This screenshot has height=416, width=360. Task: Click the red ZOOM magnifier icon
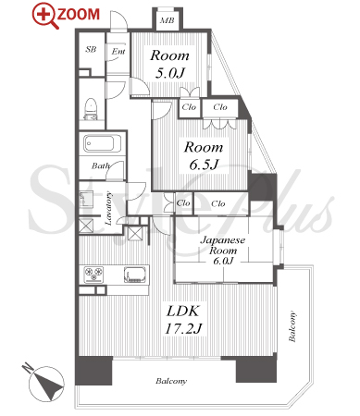[45, 16]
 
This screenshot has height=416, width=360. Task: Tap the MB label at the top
[168, 20]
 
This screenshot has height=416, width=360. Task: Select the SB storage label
[91, 49]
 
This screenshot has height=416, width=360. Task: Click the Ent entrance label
[118, 51]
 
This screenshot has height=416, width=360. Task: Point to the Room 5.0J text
[170, 64]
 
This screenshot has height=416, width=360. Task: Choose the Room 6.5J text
[204, 155]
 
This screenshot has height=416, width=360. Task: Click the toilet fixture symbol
[91, 108]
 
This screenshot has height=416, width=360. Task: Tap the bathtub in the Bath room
[103, 143]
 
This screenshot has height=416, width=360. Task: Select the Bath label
[100, 165]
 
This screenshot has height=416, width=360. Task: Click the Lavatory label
[108, 208]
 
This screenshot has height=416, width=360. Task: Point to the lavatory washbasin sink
[86, 199]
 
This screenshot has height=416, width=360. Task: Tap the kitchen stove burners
[94, 275]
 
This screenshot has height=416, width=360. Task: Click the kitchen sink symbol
[134, 275]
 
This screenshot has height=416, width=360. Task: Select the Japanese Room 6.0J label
[223, 250]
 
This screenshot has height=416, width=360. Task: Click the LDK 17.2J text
[183, 320]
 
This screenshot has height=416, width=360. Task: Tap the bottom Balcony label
[171, 381]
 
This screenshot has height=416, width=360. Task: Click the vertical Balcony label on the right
[292, 326]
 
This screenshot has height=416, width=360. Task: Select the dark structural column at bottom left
[93, 370]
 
